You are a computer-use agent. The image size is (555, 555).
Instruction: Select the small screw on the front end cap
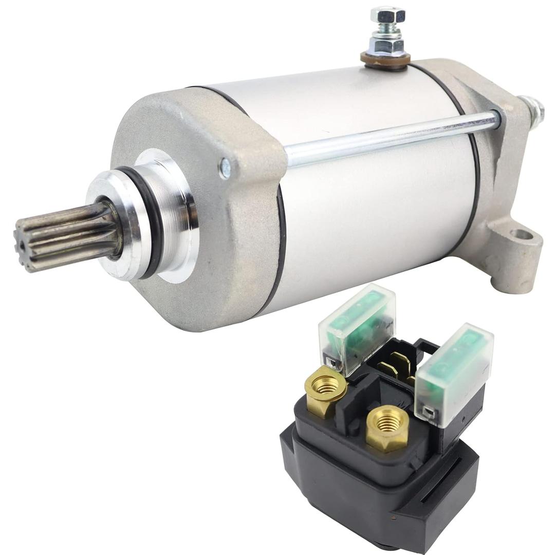coord(225,168)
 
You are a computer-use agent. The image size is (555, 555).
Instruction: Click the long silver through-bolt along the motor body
coord(391,136)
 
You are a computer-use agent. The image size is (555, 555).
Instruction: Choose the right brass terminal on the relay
coord(387,427)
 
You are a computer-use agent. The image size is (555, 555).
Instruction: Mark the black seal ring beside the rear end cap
coord(475,170)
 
